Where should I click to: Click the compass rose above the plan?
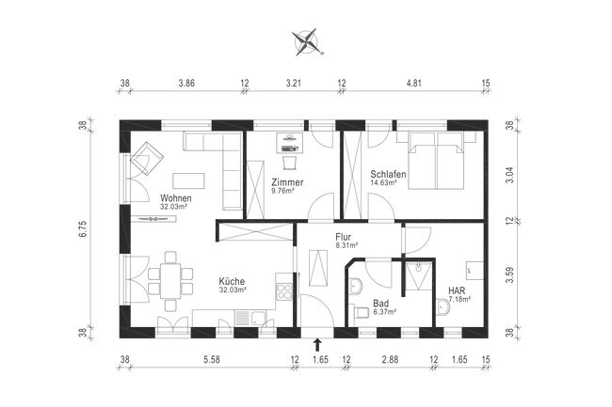coord(307,40)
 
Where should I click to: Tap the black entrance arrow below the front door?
coord(316,344)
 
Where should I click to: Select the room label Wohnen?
coord(176,198)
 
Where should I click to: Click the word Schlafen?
coord(388,174)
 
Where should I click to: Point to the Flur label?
coord(343,239)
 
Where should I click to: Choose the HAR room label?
coord(458,290)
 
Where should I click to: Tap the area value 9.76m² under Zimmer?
coord(282,191)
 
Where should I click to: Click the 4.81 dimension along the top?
coord(413,84)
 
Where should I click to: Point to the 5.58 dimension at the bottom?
coord(212,360)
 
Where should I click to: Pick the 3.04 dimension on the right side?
coord(509,172)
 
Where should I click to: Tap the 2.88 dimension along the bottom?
coord(390,360)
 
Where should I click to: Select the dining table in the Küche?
coord(169,278)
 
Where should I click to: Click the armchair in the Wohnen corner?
coord(146,164)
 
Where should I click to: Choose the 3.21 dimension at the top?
coord(293,84)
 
